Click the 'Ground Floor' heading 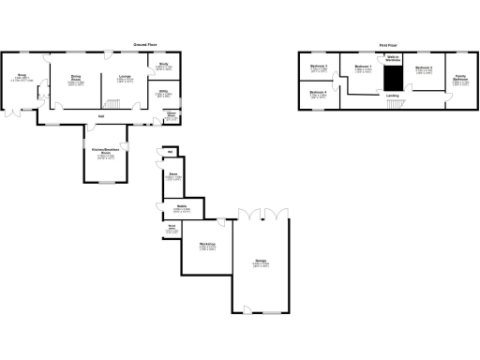(142, 44)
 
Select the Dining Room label (75, 79)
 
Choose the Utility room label (163, 93)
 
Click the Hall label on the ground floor (100, 116)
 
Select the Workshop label (207, 247)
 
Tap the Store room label (172, 174)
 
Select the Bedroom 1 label (363, 67)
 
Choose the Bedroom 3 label (318, 67)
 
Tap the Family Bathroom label (459, 79)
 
